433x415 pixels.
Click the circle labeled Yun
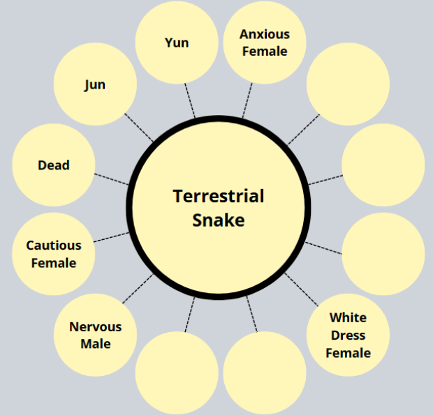click(177, 43)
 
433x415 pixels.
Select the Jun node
click(95, 84)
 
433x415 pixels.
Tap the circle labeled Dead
click(54, 165)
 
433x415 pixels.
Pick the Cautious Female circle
click(54, 254)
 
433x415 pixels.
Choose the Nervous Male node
click(96, 335)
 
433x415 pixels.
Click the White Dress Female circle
click(348, 335)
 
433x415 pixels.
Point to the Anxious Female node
click(264, 43)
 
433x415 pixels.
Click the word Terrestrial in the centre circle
click(219, 196)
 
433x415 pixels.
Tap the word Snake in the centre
click(219, 220)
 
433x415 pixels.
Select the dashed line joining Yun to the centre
click(190, 100)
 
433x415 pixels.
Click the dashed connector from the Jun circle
click(140, 128)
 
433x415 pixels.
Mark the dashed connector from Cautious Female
click(111, 236)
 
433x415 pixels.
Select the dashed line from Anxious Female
click(247, 100)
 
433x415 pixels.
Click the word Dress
click(348, 335)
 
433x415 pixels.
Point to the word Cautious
click(54, 246)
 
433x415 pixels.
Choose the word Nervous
click(96, 326)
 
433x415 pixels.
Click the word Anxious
click(264, 34)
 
